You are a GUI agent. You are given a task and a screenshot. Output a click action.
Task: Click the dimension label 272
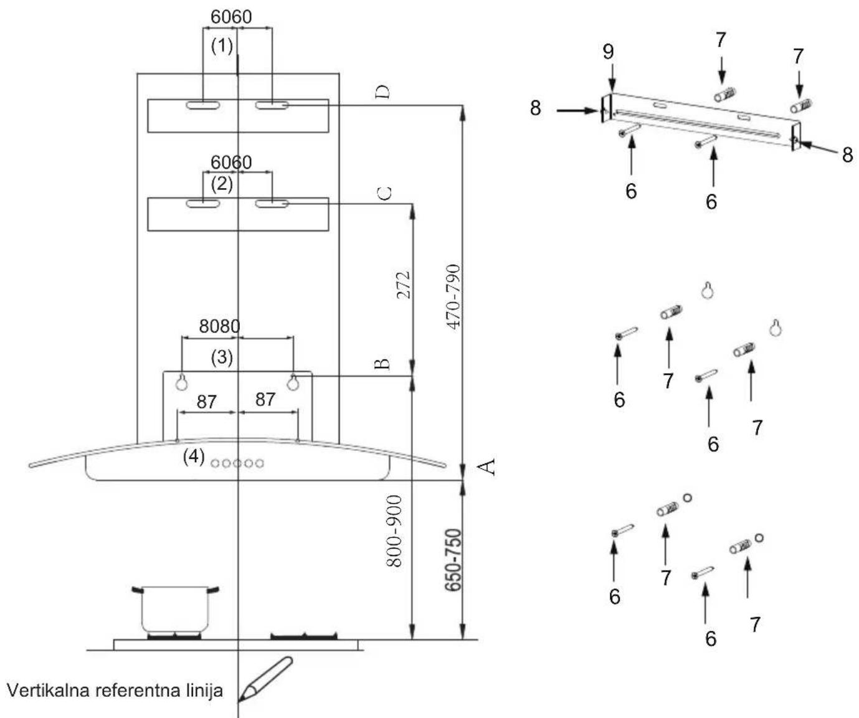point(404,285)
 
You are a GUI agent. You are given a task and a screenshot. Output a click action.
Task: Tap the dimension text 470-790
point(453,296)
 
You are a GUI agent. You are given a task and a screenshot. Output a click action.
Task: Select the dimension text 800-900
point(394,531)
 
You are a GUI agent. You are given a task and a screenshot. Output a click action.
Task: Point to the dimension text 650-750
point(453,560)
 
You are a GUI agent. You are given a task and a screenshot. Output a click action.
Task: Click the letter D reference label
point(382,92)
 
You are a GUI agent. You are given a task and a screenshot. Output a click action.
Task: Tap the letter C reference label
point(385,193)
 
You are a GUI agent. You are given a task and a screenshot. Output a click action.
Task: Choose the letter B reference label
point(382,364)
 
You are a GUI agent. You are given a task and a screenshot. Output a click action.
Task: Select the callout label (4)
point(194,456)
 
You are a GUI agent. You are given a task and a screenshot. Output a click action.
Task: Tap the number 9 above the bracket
point(608,52)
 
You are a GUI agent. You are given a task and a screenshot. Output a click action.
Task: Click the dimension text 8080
point(220,326)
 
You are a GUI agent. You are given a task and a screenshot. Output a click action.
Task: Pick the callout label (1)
point(222,45)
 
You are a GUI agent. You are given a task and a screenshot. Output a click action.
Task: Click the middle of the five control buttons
point(237,463)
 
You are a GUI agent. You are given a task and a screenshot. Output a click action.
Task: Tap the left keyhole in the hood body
point(181,382)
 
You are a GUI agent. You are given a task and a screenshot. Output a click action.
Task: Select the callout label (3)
point(222,357)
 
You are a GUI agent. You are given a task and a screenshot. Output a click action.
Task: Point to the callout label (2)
point(222,184)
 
